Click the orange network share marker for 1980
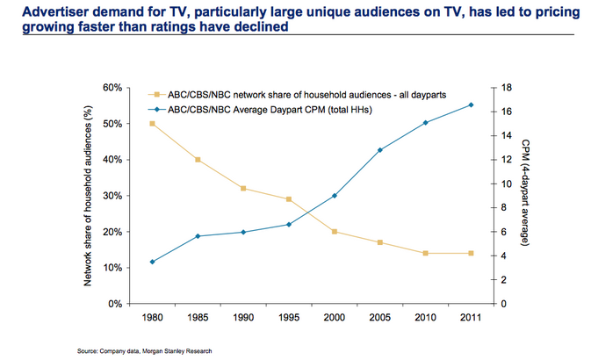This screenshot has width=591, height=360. [153, 124]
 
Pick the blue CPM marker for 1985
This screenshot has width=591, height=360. [198, 236]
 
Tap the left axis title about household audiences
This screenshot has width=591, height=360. [88, 196]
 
